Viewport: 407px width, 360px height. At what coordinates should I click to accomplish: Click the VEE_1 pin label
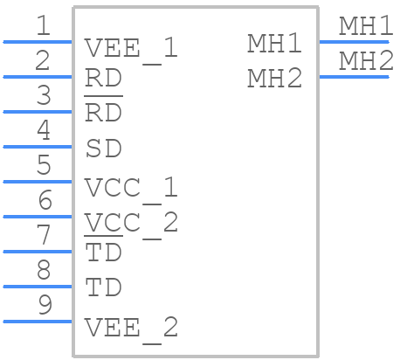click(131, 50)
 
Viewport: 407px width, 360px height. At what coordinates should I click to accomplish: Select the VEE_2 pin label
click(131, 329)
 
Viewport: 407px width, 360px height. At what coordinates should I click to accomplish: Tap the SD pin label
click(104, 149)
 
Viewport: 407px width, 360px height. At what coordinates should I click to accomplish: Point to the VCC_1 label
click(131, 190)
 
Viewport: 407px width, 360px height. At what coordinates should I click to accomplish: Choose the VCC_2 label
click(131, 225)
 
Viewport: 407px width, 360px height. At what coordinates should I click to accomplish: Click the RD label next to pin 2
click(103, 78)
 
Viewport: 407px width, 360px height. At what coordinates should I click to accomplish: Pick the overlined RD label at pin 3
click(103, 110)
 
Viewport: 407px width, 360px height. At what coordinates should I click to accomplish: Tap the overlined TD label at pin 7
click(103, 250)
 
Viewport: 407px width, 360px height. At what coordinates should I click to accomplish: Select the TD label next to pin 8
click(103, 287)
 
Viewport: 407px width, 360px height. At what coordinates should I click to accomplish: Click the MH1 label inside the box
click(274, 43)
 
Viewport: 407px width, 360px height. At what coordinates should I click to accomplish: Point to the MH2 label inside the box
click(274, 78)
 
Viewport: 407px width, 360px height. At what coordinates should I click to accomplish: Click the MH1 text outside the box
click(366, 26)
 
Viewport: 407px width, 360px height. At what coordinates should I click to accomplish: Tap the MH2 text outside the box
click(366, 60)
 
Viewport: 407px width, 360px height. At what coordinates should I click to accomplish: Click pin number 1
click(44, 25)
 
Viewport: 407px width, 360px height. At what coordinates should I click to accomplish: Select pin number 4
click(44, 130)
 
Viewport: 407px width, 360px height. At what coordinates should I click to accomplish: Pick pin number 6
click(45, 200)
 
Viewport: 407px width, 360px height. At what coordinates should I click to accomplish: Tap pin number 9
click(45, 305)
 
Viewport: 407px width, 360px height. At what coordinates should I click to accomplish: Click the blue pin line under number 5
click(38, 182)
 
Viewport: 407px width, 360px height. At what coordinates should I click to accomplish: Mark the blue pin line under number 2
click(38, 77)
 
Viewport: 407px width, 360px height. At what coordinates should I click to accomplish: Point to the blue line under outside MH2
click(354, 77)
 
